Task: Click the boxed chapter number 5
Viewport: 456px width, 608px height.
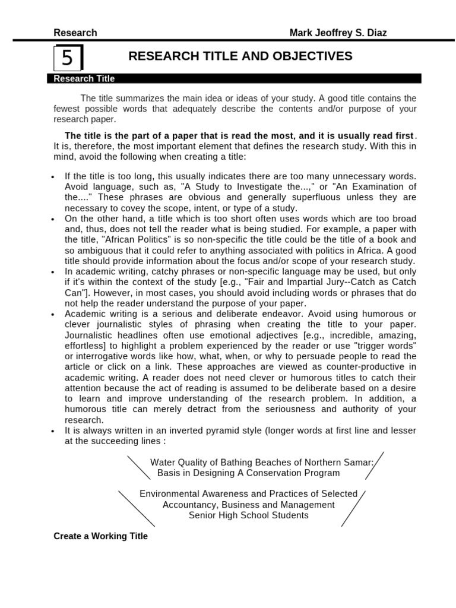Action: tap(68, 58)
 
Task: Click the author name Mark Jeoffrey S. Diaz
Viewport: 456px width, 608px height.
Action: tap(338, 33)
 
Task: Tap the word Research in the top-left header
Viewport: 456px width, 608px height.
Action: tap(75, 33)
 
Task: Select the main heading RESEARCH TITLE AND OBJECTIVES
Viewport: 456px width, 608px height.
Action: tap(240, 56)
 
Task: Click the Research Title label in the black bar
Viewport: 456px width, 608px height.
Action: tap(84, 78)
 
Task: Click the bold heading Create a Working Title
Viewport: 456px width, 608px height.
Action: tap(100, 536)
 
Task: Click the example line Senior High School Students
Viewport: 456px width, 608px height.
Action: tap(249, 515)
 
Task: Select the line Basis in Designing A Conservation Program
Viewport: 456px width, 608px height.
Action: tap(249, 473)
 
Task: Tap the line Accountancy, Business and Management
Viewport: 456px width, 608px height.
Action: tap(249, 505)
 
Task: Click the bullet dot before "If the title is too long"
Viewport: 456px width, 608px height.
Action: tap(53, 177)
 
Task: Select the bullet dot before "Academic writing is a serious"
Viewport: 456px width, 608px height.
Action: tap(53, 314)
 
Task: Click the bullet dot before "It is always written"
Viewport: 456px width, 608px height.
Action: tap(53, 431)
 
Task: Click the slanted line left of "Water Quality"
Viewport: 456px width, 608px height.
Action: tap(138, 467)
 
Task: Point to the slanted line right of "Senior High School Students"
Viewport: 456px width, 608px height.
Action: tap(353, 509)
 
